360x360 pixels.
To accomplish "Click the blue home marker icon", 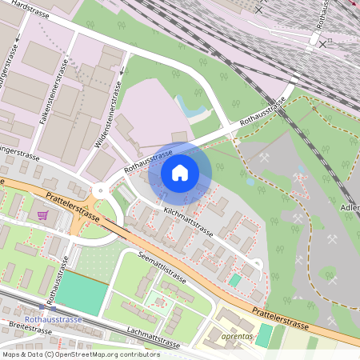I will pos(179,172).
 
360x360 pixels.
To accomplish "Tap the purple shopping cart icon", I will pos(42,215).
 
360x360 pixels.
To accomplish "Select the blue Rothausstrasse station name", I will pos(53,318).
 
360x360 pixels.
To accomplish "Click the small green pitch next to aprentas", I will pos(263,335).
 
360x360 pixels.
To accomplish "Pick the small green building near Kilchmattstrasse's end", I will pos(234,280).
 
